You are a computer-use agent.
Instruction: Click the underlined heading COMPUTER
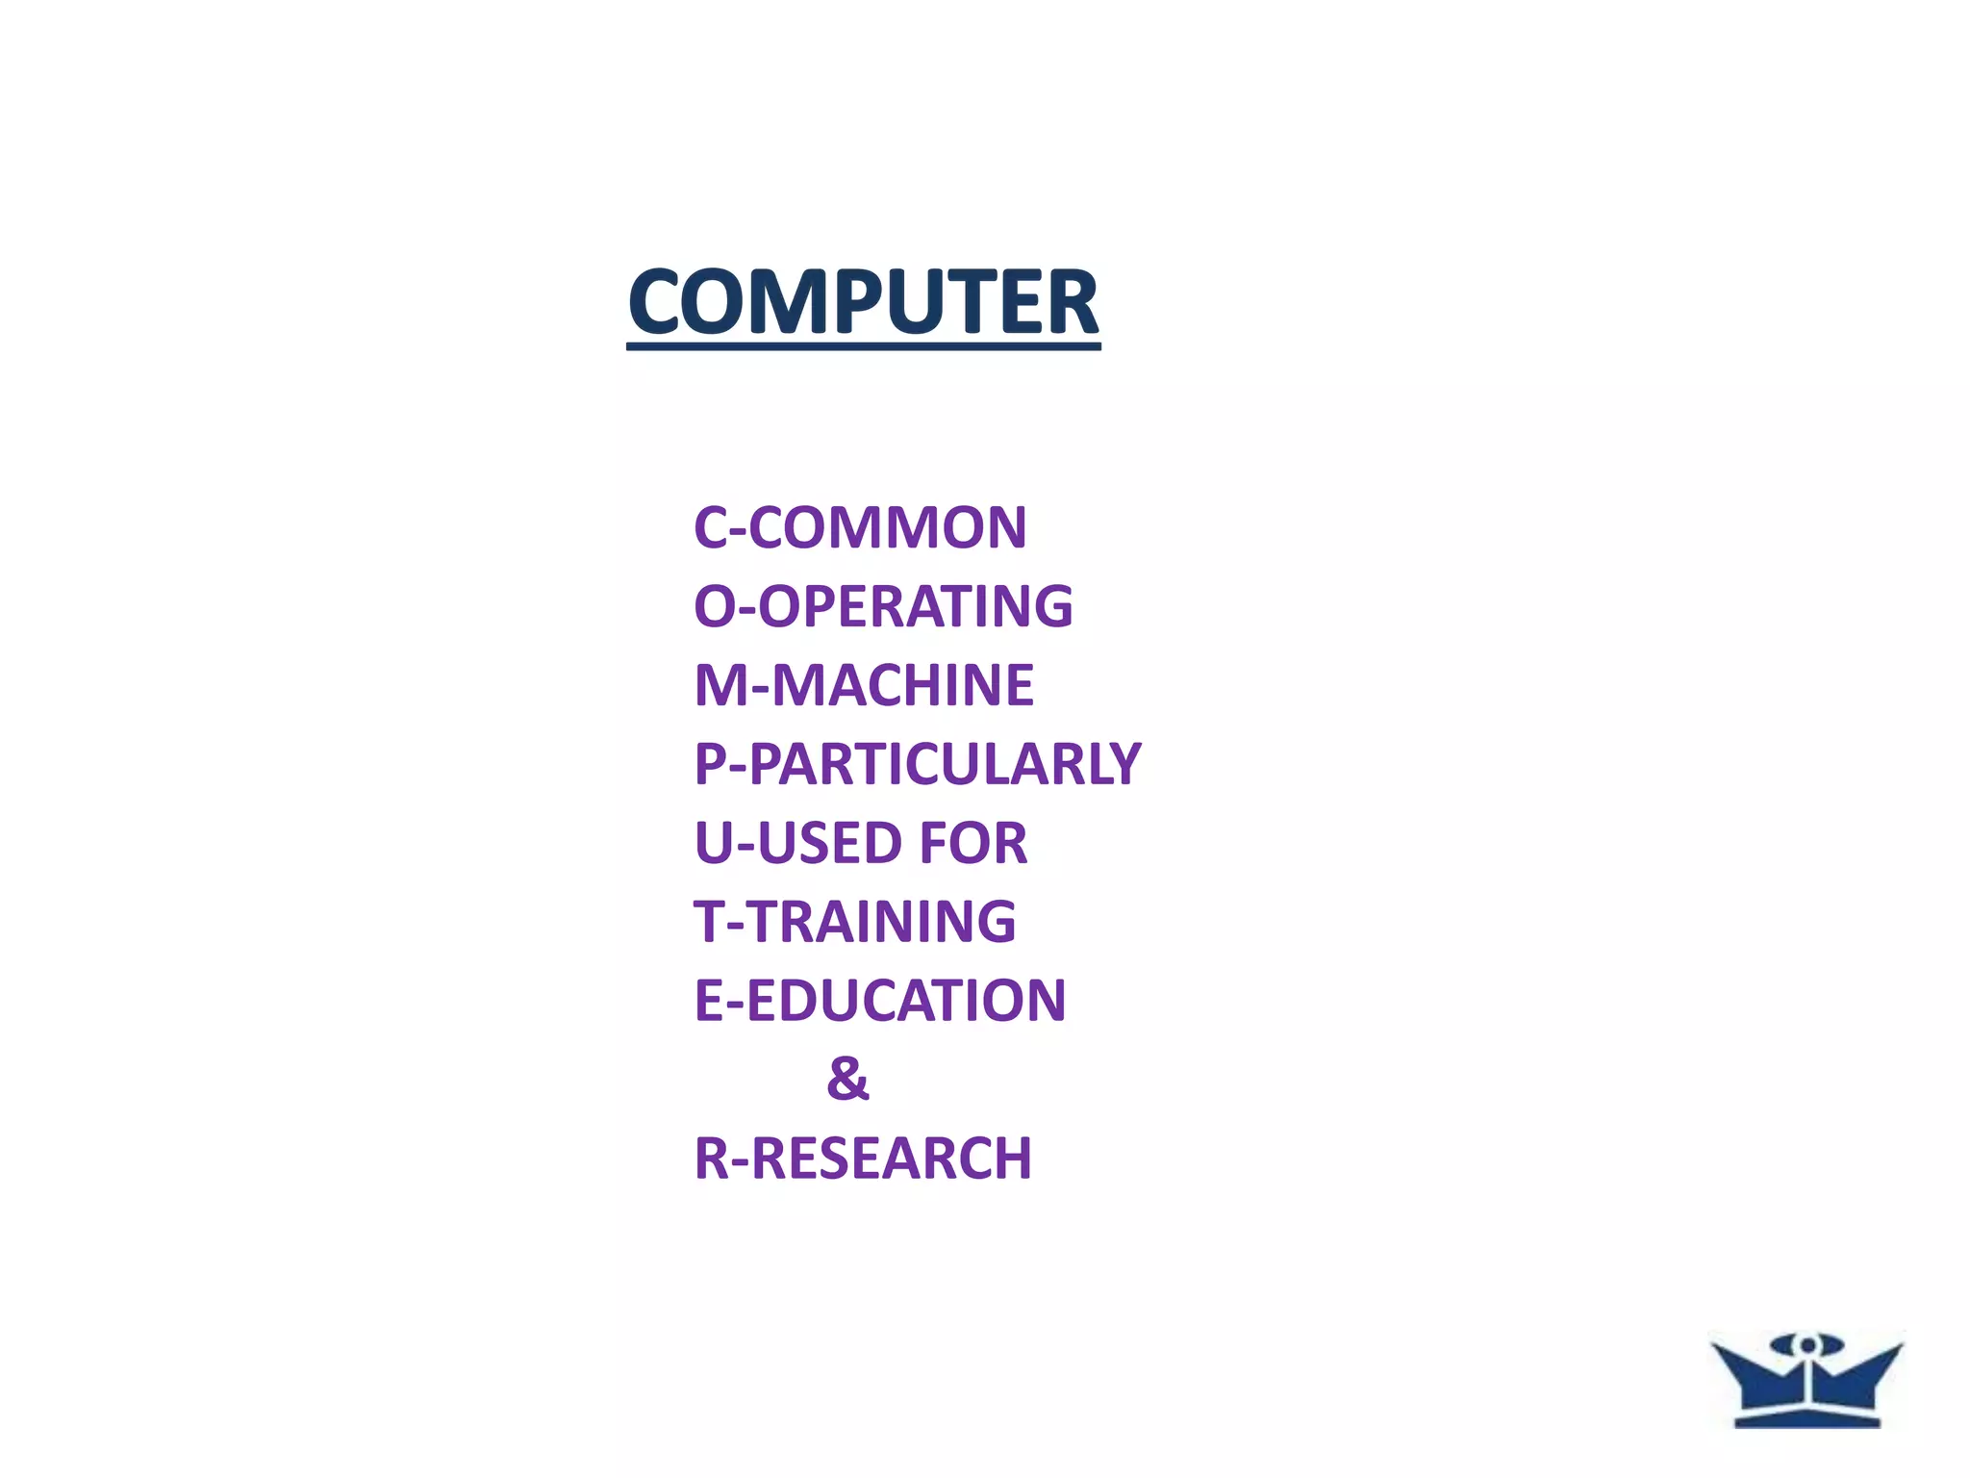863,302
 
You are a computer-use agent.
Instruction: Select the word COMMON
887,528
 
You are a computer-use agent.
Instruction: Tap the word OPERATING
916,607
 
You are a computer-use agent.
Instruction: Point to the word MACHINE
902,686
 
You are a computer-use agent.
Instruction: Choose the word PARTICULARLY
944,765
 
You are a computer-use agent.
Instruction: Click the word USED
830,844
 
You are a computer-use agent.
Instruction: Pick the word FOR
973,844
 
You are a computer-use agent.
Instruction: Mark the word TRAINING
881,922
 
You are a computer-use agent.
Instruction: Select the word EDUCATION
905,1001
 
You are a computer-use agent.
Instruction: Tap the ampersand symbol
847,1079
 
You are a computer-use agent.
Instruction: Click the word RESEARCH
891,1158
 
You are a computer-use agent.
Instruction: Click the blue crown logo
1806,1380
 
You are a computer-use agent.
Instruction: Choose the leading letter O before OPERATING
715,607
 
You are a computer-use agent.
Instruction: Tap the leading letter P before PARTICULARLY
710,765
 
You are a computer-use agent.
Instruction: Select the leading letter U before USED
714,844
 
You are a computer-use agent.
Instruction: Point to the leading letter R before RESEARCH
712,1158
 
